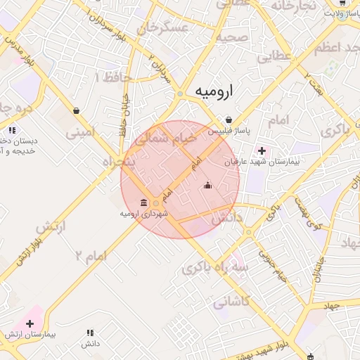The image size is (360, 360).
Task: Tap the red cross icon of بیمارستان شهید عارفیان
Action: pyautogui.click(x=262, y=150)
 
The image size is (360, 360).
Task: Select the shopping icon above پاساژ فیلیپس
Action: pyautogui.click(x=229, y=120)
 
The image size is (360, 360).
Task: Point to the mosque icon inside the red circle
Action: pyautogui.click(x=207, y=186)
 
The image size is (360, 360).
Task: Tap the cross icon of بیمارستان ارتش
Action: pyautogui.click(x=30, y=323)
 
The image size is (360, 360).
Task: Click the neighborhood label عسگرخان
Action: pyautogui.click(x=165, y=28)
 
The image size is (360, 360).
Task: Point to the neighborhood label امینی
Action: pyautogui.click(x=79, y=131)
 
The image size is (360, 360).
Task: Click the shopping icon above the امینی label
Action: pyautogui.click(x=76, y=110)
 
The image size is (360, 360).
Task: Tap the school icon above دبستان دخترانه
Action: pyautogui.click(x=11, y=130)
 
